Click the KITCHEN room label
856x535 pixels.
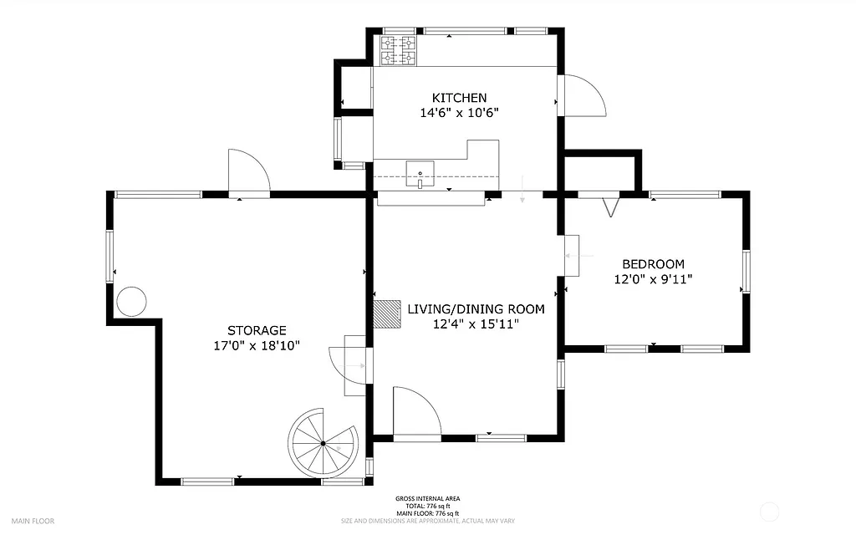click(459, 98)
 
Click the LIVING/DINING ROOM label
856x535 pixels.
click(476, 309)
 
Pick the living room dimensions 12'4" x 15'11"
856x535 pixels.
click(476, 324)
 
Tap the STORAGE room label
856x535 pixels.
click(257, 330)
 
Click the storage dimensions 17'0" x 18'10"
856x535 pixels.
click(257, 345)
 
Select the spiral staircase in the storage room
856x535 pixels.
click(324, 443)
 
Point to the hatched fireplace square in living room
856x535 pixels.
click(387, 314)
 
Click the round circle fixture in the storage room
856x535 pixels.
click(131, 301)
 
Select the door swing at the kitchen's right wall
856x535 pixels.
click(583, 96)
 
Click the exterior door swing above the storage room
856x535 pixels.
click(248, 172)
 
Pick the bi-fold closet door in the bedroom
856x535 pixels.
click(611, 205)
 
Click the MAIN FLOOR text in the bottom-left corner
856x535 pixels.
click(33, 521)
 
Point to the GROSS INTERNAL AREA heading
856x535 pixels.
click(427, 499)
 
